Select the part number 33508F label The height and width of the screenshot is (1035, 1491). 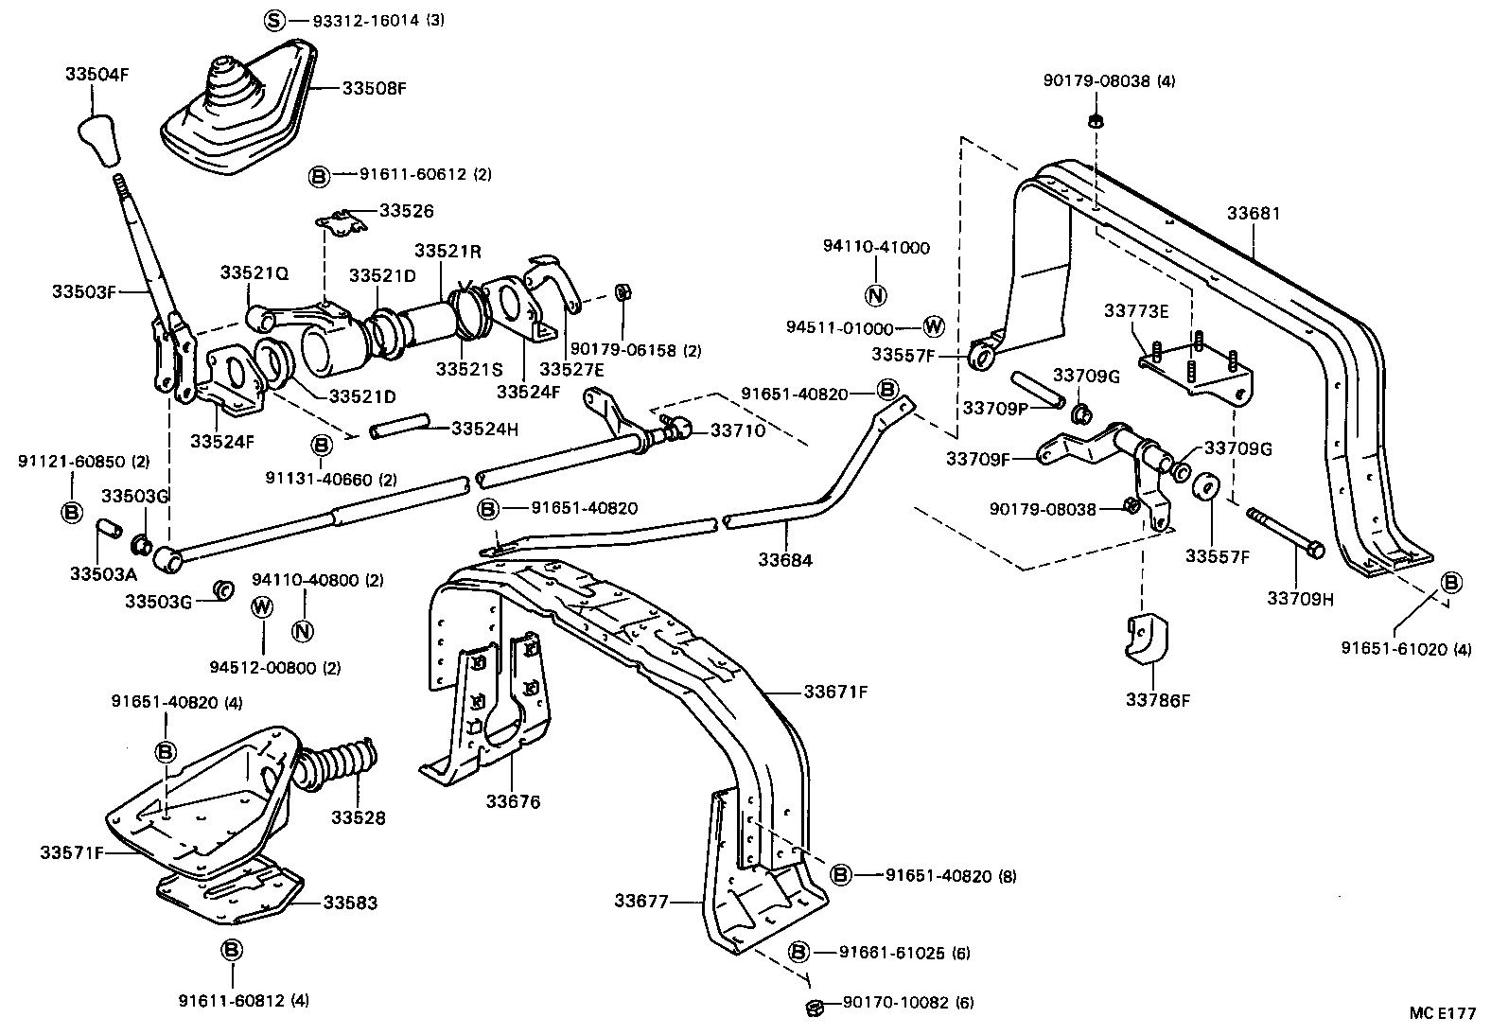point(374,88)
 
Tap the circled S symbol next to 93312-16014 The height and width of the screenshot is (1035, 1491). point(272,20)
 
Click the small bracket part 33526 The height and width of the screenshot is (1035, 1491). point(342,224)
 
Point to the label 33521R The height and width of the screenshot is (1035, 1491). point(447,251)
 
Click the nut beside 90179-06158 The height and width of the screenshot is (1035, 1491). point(622,290)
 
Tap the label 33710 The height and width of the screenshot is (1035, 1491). point(737,430)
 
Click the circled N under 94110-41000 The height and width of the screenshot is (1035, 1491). point(876,294)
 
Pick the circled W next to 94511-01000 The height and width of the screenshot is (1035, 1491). point(933,327)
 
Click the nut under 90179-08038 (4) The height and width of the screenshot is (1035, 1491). point(1095,120)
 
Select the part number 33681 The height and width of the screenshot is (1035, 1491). point(1254,214)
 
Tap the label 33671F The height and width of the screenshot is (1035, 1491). point(835,692)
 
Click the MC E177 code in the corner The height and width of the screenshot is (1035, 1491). point(1441,1012)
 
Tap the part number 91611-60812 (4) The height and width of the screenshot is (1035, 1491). point(244,999)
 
